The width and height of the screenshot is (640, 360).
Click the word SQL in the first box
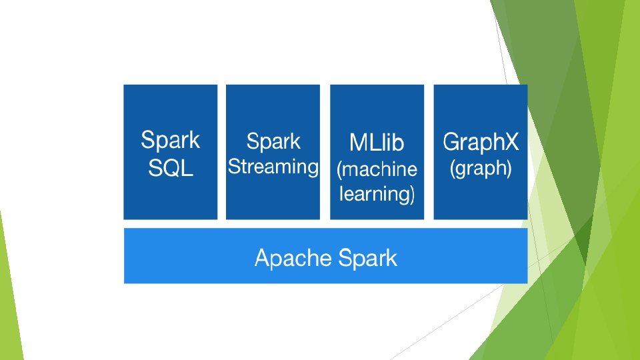click(x=171, y=168)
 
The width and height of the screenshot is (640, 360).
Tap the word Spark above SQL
click(x=171, y=141)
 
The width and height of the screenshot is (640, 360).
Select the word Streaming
click(x=273, y=167)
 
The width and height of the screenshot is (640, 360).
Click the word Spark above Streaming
click(x=273, y=142)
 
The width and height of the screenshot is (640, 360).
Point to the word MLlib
click(x=377, y=143)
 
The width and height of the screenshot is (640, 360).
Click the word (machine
click(x=377, y=169)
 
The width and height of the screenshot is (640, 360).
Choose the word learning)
click(x=377, y=194)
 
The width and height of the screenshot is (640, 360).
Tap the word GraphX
click(x=481, y=143)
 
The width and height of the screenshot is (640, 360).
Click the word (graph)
click(x=481, y=168)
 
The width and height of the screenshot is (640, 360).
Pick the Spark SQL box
click(x=171, y=152)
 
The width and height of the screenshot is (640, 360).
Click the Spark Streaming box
click(x=273, y=152)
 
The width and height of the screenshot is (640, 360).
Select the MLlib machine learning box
click(x=377, y=152)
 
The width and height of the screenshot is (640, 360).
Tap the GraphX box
click(x=481, y=152)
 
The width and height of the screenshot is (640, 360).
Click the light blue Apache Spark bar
click(x=326, y=256)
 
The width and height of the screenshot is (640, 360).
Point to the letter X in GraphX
click(x=511, y=141)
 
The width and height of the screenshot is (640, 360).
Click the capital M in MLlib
click(x=358, y=143)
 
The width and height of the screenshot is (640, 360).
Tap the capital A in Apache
click(x=263, y=257)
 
